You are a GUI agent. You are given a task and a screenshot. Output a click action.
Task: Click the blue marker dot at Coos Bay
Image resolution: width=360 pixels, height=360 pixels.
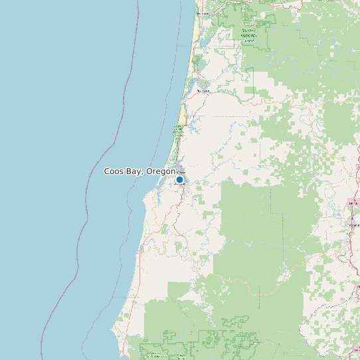179,179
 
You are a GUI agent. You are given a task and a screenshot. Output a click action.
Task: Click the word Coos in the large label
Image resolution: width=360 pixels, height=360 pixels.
115,171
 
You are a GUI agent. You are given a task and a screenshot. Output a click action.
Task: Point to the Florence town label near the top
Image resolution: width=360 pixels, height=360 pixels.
203,14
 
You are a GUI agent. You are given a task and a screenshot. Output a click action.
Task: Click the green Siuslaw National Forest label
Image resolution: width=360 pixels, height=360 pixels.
249,35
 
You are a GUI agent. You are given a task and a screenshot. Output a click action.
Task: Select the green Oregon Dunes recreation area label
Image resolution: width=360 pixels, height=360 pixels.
178,131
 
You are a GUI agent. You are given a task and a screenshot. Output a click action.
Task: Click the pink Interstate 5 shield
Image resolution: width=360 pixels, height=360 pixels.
352,202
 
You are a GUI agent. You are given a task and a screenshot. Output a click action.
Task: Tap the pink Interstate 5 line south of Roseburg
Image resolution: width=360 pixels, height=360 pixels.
350,266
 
